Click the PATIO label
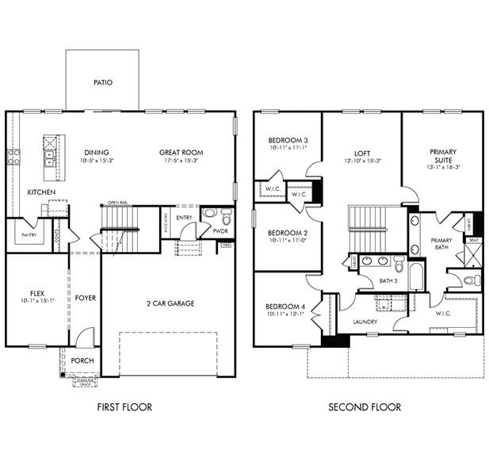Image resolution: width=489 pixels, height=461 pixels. (102, 82)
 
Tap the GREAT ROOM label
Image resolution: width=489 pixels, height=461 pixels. (181, 152)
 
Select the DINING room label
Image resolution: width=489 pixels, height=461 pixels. (97, 152)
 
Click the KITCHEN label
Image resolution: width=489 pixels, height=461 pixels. (40, 192)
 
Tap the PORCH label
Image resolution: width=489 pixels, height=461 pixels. (82, 360)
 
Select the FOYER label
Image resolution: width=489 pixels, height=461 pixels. (86, 298)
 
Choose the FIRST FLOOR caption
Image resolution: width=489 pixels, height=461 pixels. (124, 407)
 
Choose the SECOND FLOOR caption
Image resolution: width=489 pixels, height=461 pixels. (365, 407)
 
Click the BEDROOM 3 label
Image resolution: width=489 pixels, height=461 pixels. (287, 140)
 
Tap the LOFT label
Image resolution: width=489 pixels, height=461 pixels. (362, 152)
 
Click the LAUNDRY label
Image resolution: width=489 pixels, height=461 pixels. (365, 322)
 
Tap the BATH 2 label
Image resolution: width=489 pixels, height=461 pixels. (388, 280)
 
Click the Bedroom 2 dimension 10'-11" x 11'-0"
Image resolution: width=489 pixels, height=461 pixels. (287, 240)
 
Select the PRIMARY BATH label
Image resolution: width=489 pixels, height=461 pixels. (441, 243)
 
